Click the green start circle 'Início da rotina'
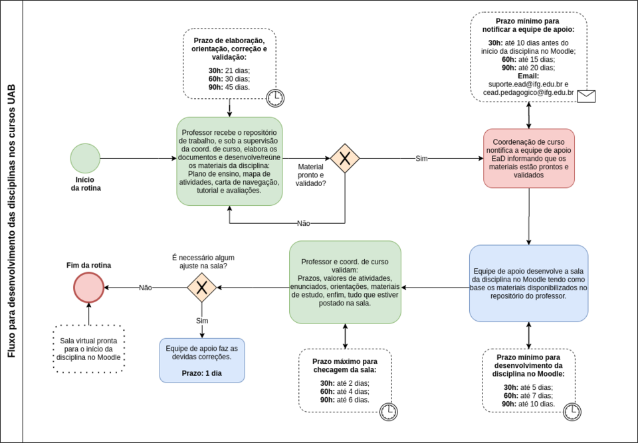[x=85, y=158]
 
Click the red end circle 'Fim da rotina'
[x=88, y=288]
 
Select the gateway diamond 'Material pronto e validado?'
[x=345, y=159]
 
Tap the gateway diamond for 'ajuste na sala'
[x=201, y=288]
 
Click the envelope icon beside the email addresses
[x=585, y=96]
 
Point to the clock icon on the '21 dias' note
[x=274, y=98]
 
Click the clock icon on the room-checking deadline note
[x=388, y=412]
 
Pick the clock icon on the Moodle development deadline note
[x=572, y=412]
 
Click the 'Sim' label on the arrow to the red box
[x=421, y=159]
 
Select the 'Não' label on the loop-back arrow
[x=304, y=223]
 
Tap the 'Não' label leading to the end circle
[x=146, y=288]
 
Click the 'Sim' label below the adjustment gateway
[x=202, y=321]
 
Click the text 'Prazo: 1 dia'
[x=202, y=373]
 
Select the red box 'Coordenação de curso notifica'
[x=528, y=158]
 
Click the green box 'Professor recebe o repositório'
[x=229, y=161]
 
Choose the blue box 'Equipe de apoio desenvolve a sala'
[x=528, y=284]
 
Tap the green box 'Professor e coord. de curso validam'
[x=345, y=282]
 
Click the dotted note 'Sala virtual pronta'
[x=88, y=349]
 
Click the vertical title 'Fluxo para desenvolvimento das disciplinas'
[x=11, y=221]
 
